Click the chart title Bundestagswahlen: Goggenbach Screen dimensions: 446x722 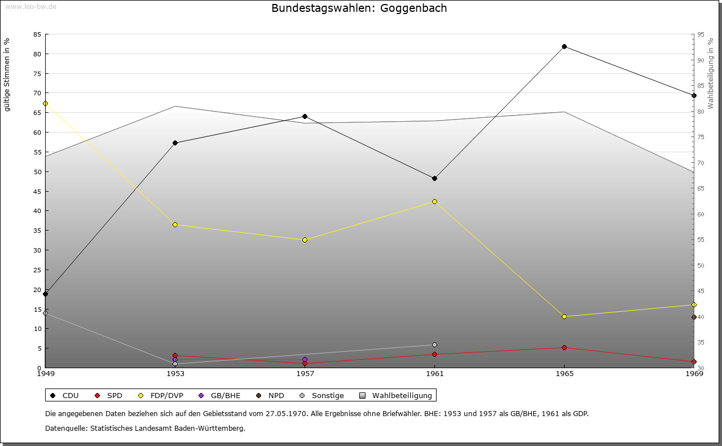click(x=359, y=8)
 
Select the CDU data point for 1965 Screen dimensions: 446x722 click(x=564, y=46)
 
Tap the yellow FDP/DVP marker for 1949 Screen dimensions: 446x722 click(x=45, y=103)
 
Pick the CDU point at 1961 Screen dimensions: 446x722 click(x=434, y=178)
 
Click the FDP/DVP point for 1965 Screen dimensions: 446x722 click(x=564, y=316)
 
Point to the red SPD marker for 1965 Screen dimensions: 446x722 click(x=564, y=347)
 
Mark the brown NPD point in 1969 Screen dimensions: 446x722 click(x=694, y=317)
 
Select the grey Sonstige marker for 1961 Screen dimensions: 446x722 click(x=434, y=345)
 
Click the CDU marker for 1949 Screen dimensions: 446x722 click(x=45, y=294)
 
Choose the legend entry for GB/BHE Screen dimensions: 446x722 click(x=221, y=395)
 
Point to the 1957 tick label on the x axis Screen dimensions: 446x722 click(x=305, y=373)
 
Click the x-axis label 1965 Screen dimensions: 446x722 click(x=564, y=373)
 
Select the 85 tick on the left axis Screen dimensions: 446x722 click(x=37, y=34)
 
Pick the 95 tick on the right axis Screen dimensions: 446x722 click(x=701, y=34)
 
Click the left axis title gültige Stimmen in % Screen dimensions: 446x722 click(x=7, y=74)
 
